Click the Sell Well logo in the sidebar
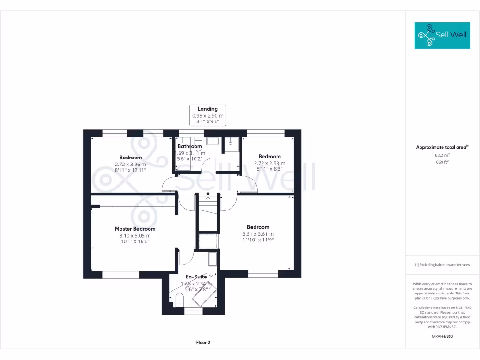442,35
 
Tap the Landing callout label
208,109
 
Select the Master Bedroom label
135,229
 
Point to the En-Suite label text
196,277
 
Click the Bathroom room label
189,146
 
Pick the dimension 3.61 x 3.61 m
258,234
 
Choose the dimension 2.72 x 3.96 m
130,164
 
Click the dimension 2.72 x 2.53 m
270,163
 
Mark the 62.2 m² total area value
442,155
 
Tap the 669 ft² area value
442,162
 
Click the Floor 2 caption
203,342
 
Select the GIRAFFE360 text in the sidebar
442,336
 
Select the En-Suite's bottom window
193,310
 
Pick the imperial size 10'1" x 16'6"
135,242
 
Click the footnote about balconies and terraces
442,265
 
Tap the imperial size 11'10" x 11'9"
258,240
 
